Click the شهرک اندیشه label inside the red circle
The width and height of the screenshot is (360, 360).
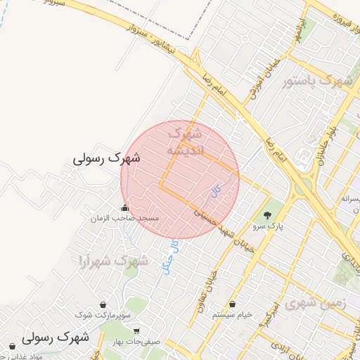[x=185, y=141]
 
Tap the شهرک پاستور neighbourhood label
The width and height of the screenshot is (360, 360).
[x=316, y=82]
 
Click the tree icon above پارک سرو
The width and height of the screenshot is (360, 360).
[x=266, y=215]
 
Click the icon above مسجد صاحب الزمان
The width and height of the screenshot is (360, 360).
[x=125, y=207]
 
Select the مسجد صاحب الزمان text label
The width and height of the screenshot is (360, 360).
[x=124, y=219]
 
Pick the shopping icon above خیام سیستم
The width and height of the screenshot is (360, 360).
[x=233, y=304]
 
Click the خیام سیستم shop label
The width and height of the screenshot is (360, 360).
[x=233, y=316]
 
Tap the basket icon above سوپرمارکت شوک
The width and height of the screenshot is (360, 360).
[x=104, y=304]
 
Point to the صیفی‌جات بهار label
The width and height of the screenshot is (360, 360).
[x=136, y=342]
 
